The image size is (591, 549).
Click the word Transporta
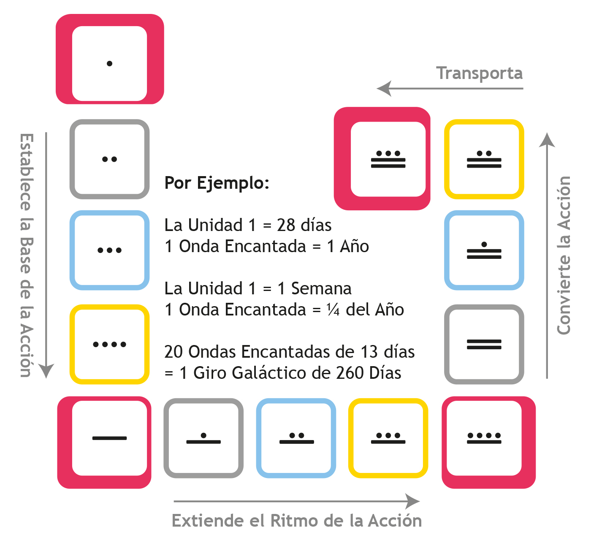(x=479, y=73)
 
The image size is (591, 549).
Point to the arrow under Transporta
(x=450, y=88)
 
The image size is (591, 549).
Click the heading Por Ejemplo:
(x=217, y=183)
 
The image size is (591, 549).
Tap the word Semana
(x=321, y=288)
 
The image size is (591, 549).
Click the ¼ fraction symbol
(x=333, y=310)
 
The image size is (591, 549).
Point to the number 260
(x=350, y=373)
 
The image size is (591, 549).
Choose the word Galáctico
(x=281, y=373)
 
